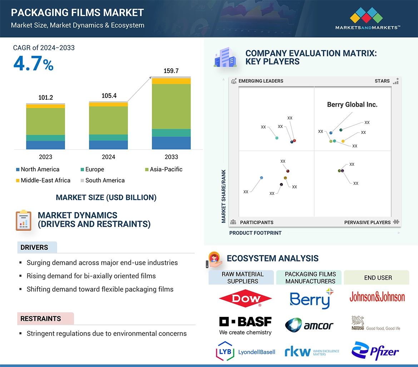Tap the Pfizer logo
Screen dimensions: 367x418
pos(375,351)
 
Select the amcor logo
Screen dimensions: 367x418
pos(309,325)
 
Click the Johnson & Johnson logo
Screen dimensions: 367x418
pos(377,297)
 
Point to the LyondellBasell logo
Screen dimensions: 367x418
pos(245,352)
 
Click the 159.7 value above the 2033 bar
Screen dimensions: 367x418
pos(171,71)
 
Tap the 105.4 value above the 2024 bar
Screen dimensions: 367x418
pos(109,96)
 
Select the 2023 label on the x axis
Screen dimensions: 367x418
pos(45,157)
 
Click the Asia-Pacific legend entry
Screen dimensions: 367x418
pos(166,169)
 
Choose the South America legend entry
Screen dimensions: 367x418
pos(105,180)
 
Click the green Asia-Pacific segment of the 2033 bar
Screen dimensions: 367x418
pos(171,106)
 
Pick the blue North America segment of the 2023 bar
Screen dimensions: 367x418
pos(45,145)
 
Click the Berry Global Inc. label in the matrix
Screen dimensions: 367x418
pos(352,104)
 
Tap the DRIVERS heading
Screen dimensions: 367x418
pos(34,248)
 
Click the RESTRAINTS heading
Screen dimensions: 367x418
pos(41,318)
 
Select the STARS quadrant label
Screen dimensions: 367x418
pos(382,81)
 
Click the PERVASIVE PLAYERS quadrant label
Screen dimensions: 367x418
pos(367,222)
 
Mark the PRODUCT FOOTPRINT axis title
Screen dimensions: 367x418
pos(255,233)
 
